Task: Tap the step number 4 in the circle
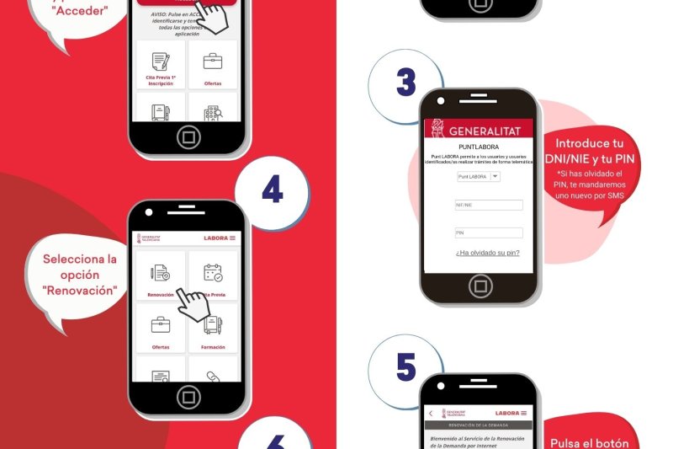pos(272,190)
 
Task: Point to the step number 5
pos(405,367)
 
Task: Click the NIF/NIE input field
pos(488,205)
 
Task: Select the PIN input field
pos(488,233)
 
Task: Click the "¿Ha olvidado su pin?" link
pos(487,253)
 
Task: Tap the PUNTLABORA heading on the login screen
pos(479,147)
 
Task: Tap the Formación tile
pos(213,329)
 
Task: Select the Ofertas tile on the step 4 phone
pos(161,329)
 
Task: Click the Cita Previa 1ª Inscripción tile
pos(161,65)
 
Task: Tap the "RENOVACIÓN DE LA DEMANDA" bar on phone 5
pos(478,425)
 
